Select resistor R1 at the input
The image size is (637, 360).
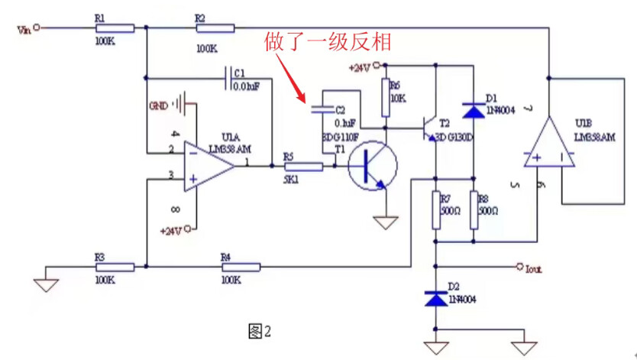(115, 28)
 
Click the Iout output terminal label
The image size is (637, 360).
(533, 268)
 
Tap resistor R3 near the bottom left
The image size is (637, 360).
(115, 267)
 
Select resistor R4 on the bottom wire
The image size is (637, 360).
(241, 267)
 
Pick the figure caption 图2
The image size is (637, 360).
(260, 331)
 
